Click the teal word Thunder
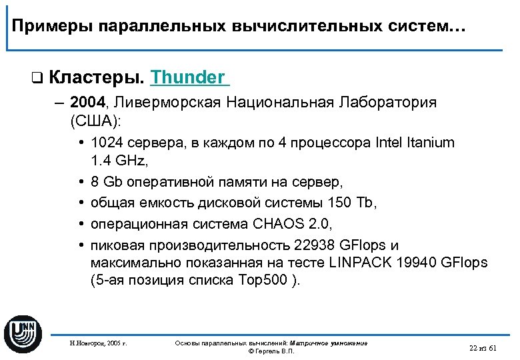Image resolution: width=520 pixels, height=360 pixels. (188, 77)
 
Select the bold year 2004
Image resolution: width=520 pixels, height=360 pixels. (87, 103)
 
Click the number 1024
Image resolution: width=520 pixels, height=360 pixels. (105, 143)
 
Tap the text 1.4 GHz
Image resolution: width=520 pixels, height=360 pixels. (116, 160)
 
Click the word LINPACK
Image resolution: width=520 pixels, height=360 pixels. (363, 263)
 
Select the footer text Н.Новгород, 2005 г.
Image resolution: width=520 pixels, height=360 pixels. (98, 344)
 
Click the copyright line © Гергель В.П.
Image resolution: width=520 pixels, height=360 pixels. (271, 351)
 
